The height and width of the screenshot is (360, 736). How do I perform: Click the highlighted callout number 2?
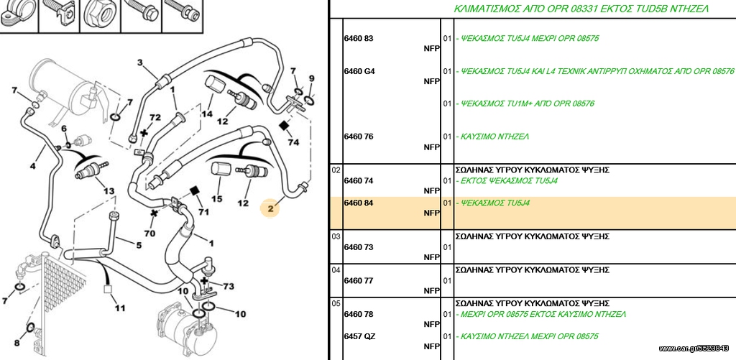click(270, 209)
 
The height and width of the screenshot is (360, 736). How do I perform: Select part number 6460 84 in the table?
click(359, 203)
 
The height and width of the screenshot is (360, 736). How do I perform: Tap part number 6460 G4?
click(359, 72)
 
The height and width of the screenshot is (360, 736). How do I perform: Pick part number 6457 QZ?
click(359, 336)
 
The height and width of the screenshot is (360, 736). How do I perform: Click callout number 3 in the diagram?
click(140, 63)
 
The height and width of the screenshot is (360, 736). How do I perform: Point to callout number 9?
click(311, 78)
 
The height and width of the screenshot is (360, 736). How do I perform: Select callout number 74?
click(293, 142)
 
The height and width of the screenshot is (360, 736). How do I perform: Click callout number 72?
click(155, 117)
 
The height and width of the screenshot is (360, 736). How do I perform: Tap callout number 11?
click(120, 308)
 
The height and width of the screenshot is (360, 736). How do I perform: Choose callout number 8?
click(17, 343)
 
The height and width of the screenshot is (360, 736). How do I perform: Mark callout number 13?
click(109, 191)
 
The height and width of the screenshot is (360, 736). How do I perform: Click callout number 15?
click(216, 199)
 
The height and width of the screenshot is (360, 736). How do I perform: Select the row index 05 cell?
click(336, 303)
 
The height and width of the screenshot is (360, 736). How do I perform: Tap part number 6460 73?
click(359, 247)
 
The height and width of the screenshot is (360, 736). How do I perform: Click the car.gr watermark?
click(694, 349)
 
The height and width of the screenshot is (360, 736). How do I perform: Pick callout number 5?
click(139, 244)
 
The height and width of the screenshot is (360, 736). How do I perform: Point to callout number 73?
click(229, 286)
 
